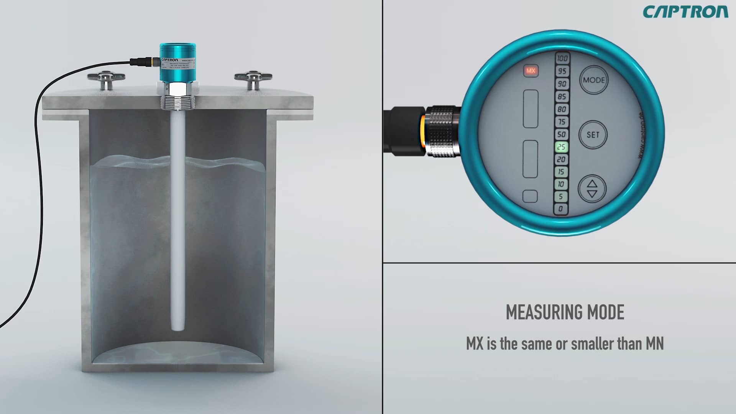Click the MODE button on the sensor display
click(x=593, y=80)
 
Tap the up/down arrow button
click(x=592, y=189)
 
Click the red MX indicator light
click(x=531, y=71)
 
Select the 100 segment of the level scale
click(x=562, y=59)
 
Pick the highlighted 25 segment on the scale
click(x=561, y=147)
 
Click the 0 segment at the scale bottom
click(x=561, y=209)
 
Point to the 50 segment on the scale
click(x=562, y=134)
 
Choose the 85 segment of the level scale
click(x=562, y=97)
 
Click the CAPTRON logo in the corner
click(x=685, y=12)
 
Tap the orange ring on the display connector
click(x=423, y=131)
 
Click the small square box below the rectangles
click(x=530, y=196)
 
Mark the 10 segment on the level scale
click(x=561, y=184)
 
